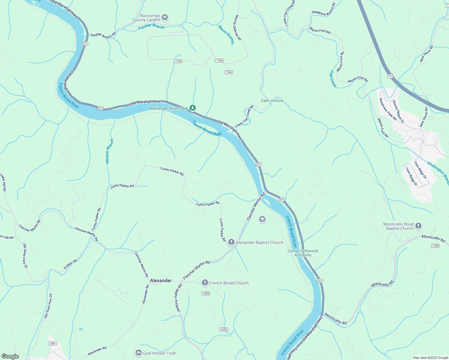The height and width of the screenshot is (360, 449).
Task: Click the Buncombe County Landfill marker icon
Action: click(x=165, y=18)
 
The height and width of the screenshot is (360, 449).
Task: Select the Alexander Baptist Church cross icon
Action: click(x=231, y=242)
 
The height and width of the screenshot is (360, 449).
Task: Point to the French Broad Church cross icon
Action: click(x=205, y=283)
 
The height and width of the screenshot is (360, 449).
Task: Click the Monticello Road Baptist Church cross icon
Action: click(x=418, y=226)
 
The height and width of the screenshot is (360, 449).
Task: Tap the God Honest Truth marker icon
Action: click(x=138, y=353)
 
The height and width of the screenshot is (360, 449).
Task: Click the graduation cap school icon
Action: click(x=262, y=220)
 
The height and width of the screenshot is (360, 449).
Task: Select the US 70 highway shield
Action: click(x=390, y=76)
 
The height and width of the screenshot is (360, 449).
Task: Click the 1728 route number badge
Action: click(x=435, y=246)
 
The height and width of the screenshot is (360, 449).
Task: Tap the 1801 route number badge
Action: click(x=53, y=343)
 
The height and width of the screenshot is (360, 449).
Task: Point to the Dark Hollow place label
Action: click(x=272, y=100)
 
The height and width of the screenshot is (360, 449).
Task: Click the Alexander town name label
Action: click(x=161, y=280)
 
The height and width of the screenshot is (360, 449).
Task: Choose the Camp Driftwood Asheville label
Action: click(x=303, y=253)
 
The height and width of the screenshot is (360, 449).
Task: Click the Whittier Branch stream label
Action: click(x=110, y=151)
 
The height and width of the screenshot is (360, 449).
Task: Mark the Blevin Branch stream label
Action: click(x=226, y=34)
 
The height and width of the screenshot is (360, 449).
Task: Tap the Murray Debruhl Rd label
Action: click(x=237, y=28)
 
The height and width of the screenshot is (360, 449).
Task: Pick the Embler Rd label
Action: click(x=70, y=264)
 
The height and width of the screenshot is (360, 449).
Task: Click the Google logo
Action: click(x=10, y=356)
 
